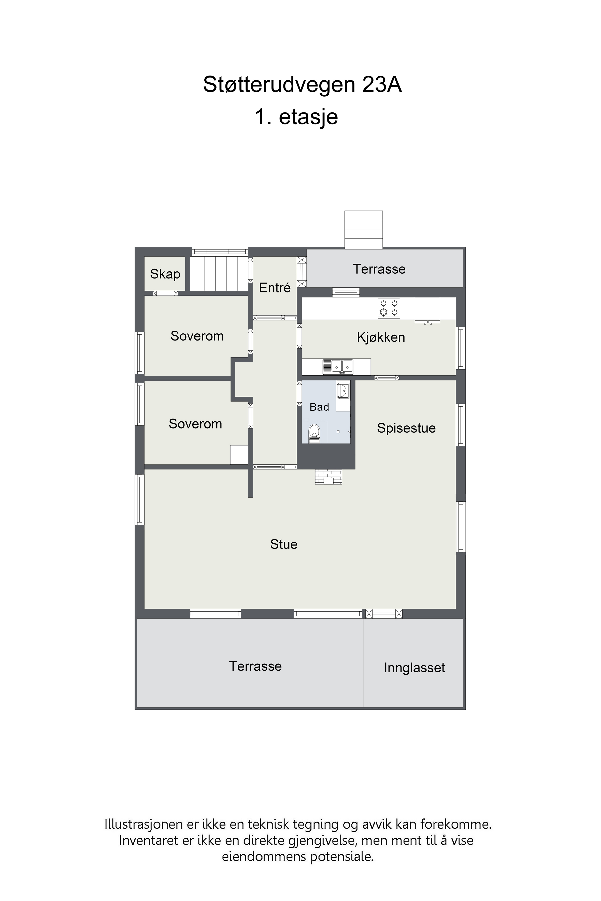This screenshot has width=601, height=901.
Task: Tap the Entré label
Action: click(275, 288)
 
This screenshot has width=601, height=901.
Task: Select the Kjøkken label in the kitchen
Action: click(381, 337)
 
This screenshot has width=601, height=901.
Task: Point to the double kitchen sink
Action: click(338, 367)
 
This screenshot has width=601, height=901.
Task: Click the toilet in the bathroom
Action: click(314, 434)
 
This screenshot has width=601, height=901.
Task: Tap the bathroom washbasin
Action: click(343, 391)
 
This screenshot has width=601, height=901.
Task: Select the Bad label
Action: click(319, 407)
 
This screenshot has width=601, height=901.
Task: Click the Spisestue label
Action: click(406, 428)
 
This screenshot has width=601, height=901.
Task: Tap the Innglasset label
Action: click(414, 668)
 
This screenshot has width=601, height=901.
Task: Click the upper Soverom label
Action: click(197, 336)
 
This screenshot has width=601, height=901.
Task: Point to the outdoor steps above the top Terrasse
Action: click(363, 229)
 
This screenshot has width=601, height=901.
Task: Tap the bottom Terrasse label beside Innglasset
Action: click(255, 667)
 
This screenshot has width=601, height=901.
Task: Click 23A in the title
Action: click(382, 85)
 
